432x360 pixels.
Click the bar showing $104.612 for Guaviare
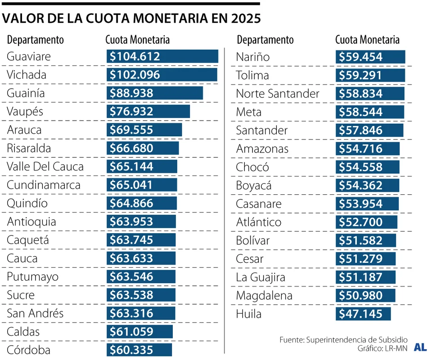coord(162,56)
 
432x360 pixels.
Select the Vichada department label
coord(27,75)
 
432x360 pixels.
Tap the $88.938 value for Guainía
coord(131,93)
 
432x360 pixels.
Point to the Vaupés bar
coord(148,111)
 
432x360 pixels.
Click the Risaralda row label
coord(29,148)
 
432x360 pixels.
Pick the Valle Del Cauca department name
coord(45,166)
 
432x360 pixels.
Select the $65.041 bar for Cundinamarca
coord(142,185)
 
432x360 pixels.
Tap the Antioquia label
coord(31,222)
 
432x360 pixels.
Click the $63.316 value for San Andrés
coord(131,314)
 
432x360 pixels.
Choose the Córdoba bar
coord(139,350)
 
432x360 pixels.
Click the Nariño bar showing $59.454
coord(370,57)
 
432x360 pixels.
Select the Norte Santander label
coord(278,94)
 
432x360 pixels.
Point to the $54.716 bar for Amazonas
coord(367,148)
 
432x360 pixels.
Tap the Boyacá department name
coord(254,185)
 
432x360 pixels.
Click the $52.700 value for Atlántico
coord(361,222)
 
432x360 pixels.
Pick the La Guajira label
coord(261,277)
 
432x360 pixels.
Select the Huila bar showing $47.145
coord(363,314)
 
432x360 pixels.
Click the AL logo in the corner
coord(420,347)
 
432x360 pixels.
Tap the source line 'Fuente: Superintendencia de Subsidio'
coord(343,339)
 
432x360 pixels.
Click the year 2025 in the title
coord(245,18)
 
